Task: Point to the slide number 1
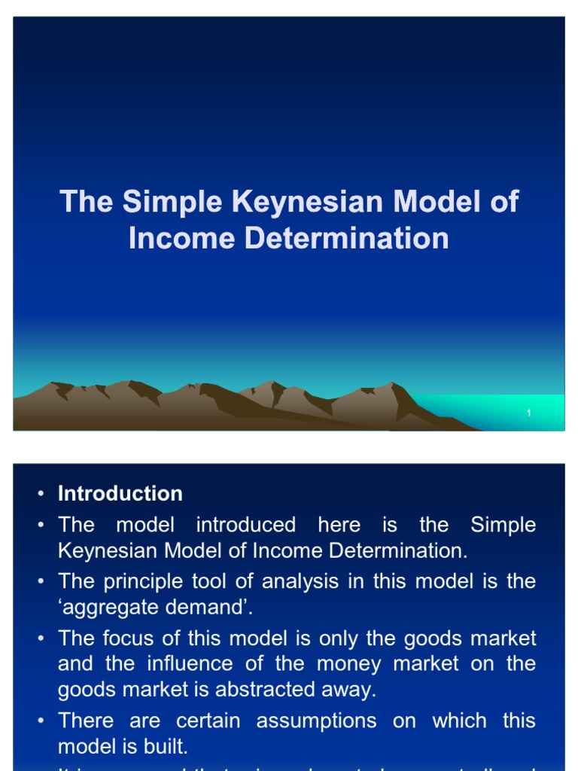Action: pyautogui.click(x=530, y=413)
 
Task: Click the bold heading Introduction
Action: pyautogui.click(x=120, y=494)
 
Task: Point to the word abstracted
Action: pyautogui.click(x=279, y=689)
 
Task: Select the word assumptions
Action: pyautogui.click(x=316, y=721)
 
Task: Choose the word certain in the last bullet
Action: pyautogui.click(x=208, y=721)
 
